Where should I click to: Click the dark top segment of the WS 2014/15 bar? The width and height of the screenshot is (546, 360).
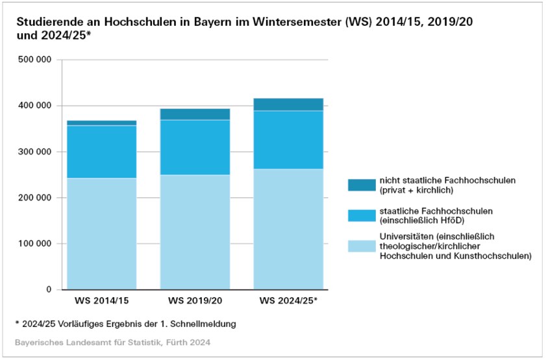point(101,123)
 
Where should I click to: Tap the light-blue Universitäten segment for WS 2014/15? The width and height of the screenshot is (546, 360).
point(101,234)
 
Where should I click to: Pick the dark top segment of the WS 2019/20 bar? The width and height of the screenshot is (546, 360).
point(195,114)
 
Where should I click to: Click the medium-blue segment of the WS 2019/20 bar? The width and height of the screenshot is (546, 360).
point(195,147)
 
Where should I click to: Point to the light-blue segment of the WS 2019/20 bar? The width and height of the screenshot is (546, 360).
point(195,232)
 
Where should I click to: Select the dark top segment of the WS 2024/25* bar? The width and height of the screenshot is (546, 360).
point(288,104)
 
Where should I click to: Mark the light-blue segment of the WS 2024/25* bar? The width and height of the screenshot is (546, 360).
point(288,230)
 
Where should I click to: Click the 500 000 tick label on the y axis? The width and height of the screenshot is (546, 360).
point(35,60)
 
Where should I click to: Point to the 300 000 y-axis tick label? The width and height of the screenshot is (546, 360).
point(35,152)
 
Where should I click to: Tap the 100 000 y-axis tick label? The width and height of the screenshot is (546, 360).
point(35,244)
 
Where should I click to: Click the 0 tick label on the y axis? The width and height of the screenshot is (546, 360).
point(49,290)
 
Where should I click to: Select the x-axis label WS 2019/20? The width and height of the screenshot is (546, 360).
point(195,302)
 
